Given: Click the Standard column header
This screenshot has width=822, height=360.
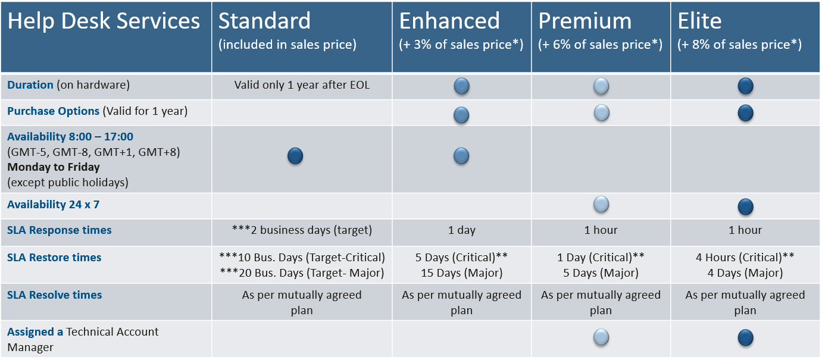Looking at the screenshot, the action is point(264,21).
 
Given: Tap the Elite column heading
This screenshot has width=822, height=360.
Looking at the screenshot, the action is point(699,21).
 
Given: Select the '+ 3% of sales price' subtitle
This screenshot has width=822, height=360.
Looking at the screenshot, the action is point(461,45).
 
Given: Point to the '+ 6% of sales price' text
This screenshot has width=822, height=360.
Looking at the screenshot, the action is point(601,45).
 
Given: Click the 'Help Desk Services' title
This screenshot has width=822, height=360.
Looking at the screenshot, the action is point(104,21).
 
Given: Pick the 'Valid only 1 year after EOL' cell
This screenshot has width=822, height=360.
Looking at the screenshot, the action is point(302,84).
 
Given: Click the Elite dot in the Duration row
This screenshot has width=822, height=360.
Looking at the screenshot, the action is point(745,86).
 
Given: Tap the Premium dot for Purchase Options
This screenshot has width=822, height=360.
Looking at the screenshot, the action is point(601,112).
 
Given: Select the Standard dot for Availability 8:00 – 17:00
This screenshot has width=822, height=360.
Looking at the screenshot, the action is point(295,156).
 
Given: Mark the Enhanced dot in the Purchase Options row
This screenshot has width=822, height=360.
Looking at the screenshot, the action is point(461,115).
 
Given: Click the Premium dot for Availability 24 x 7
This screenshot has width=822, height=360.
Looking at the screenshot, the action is point(601,205).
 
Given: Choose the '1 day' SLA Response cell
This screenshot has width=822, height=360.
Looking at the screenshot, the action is point(462,230).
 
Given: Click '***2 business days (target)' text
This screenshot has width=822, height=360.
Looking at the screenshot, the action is point(302,230).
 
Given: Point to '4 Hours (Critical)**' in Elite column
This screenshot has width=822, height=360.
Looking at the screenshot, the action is point(745,257).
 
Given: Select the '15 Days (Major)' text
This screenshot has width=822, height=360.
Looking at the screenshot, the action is point(462,273).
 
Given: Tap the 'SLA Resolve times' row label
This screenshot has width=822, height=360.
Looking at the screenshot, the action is point(54,295).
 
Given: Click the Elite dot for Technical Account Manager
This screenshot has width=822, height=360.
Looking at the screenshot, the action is point(745,337).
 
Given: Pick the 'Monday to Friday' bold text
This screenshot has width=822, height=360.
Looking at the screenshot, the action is point(54,167).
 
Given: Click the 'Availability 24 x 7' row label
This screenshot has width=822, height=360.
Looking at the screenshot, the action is point(53,205).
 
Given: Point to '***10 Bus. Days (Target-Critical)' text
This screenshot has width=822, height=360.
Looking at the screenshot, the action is point(302,257).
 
